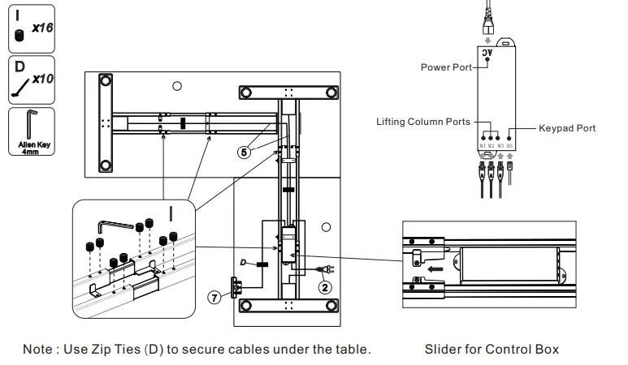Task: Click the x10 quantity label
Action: click(41, 79)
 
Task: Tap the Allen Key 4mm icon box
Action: click(30, 133)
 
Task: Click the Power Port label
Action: click(445, 67)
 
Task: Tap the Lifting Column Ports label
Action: click(422, 122)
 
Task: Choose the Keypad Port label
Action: click(567, 128)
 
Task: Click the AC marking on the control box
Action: click(488, 54)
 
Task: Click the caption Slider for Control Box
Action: click(492, 350)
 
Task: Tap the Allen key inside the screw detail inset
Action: click(110, 225)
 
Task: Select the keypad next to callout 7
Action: click(236, 286)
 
